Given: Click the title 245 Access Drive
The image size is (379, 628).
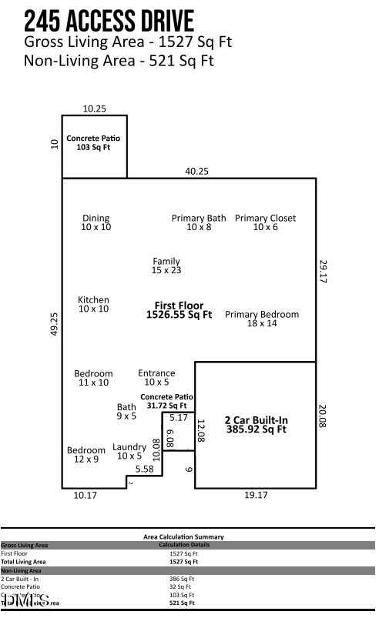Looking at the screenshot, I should [x=109, y=20].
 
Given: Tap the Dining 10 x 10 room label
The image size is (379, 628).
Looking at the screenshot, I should [x=96, y=222].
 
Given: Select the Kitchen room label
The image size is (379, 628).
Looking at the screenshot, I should [x=93, y=304].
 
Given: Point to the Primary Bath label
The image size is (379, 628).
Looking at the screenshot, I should [x=199, y=222].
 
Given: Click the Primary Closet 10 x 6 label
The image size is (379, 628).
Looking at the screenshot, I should [x=265, y=222].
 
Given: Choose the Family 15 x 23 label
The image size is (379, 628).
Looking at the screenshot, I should [x=166, y=266].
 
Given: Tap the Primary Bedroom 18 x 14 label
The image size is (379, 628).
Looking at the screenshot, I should [x=262, y=319].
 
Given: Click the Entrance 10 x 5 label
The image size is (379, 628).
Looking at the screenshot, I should [x=156, y=377].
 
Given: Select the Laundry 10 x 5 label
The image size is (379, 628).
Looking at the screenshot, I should [x=129, y=451].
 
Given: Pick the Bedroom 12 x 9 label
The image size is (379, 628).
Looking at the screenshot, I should [x=86, y=454].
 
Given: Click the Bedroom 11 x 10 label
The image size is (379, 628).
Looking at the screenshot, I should [x=93, y=378].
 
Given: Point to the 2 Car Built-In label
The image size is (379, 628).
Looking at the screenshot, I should [x=256, y=425].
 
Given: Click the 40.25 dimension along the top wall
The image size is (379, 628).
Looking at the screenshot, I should [x=196, y=172].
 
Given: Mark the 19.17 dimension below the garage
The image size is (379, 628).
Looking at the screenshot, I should [x=256, y=495].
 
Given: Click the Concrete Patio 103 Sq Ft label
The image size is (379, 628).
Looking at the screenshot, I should [x=93, y=142].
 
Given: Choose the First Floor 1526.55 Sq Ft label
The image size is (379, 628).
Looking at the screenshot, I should [x=179, y=310].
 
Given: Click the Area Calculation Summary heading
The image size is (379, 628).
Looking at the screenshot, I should [x=183, y=536].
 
